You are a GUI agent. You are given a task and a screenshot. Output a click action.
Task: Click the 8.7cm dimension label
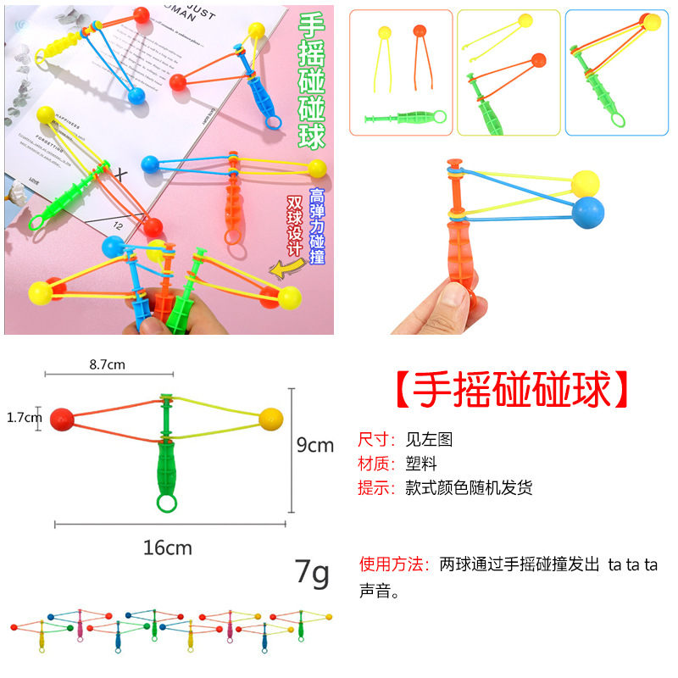point(107,365)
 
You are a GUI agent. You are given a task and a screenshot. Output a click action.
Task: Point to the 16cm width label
point(167,547)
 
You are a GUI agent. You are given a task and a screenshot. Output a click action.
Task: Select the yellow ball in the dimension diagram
point(270,418)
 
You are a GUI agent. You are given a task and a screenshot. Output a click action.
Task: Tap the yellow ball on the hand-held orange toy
point(585,182)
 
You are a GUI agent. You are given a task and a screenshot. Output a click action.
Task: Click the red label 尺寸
point(376,439)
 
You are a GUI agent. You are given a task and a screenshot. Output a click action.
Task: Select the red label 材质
point(376,464)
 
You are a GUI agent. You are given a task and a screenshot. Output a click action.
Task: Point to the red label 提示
point(376,488)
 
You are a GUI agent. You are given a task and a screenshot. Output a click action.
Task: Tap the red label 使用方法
point(395,564)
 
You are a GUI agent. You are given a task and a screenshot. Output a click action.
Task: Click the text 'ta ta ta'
point(632,564)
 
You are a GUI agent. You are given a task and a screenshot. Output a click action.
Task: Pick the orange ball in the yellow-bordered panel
point(537,60)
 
